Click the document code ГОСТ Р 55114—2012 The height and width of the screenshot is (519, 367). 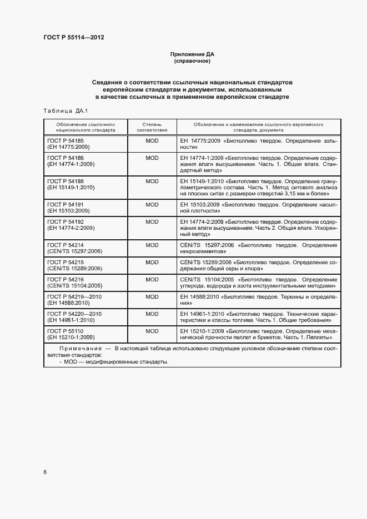(74, 38)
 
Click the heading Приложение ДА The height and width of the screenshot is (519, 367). (192, 54)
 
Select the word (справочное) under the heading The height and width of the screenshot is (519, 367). (192, 61)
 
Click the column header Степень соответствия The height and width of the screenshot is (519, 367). (152, 127)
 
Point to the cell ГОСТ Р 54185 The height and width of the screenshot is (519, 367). (66, 141)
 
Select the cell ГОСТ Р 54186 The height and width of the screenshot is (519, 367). (66, 158)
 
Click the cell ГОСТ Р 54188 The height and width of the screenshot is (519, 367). (66, 181)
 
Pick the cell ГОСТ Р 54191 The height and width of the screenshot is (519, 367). (66, 204)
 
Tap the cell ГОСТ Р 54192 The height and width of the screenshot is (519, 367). (66, 221)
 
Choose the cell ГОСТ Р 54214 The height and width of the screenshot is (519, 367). (66, 245)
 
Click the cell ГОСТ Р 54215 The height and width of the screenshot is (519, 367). (66, 262)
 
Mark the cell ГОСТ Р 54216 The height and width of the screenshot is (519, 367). (66, 279)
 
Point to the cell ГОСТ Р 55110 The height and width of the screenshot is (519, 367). (66, 331)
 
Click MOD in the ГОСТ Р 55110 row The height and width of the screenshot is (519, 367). (152, 331)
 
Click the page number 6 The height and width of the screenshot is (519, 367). (45, 472)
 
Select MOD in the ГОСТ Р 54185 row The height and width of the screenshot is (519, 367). (152, 141)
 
